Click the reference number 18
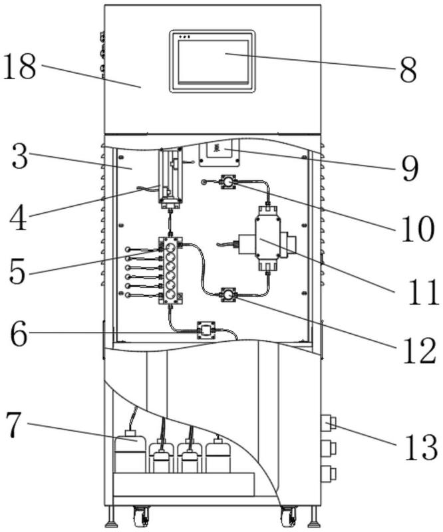(19, 67)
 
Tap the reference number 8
(408, 70)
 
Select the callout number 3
(20, 156)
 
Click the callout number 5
(17, 271)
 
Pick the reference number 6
(19, 332)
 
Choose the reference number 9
(409, 169)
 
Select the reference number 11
(423, 292)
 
